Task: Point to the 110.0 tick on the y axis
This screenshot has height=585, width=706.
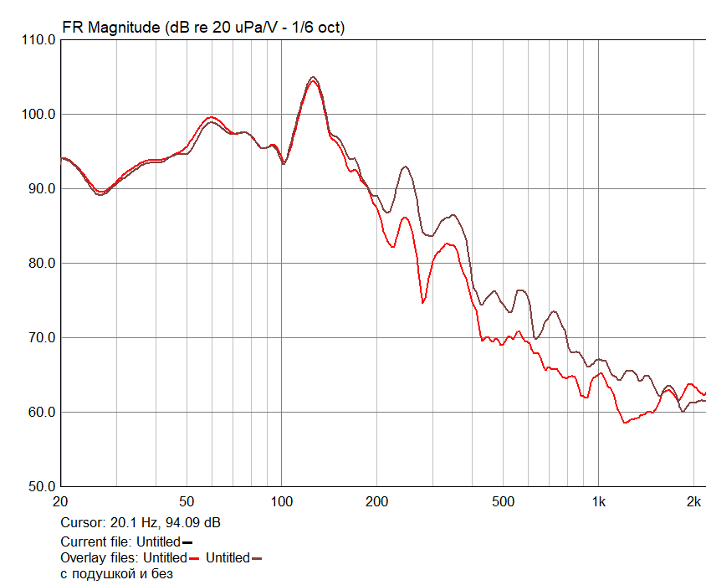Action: pyautogui.click(x=38, y=40)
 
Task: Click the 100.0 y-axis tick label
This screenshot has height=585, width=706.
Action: pyautogui.click(x=38, y=115)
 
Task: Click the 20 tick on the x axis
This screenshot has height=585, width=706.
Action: pyautogui.click(x=60, y=501)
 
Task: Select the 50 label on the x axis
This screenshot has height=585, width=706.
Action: pyautogui.click(x=187, y=501)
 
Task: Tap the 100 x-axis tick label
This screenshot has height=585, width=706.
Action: pyautogui.click(x=282, y=501)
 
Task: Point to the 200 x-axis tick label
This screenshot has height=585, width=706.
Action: pyautogui.click(x=376, y=501)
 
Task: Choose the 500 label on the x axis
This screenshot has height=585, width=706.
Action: pyautogui.click(x=503, y=501)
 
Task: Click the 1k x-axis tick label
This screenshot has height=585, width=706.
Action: pyautogui.click(x=598, y=501)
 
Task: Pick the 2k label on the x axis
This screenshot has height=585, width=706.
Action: pyautogui.click(x=693, y=501)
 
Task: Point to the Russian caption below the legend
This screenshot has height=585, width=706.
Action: pyautogui.click(x=116, y=574)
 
